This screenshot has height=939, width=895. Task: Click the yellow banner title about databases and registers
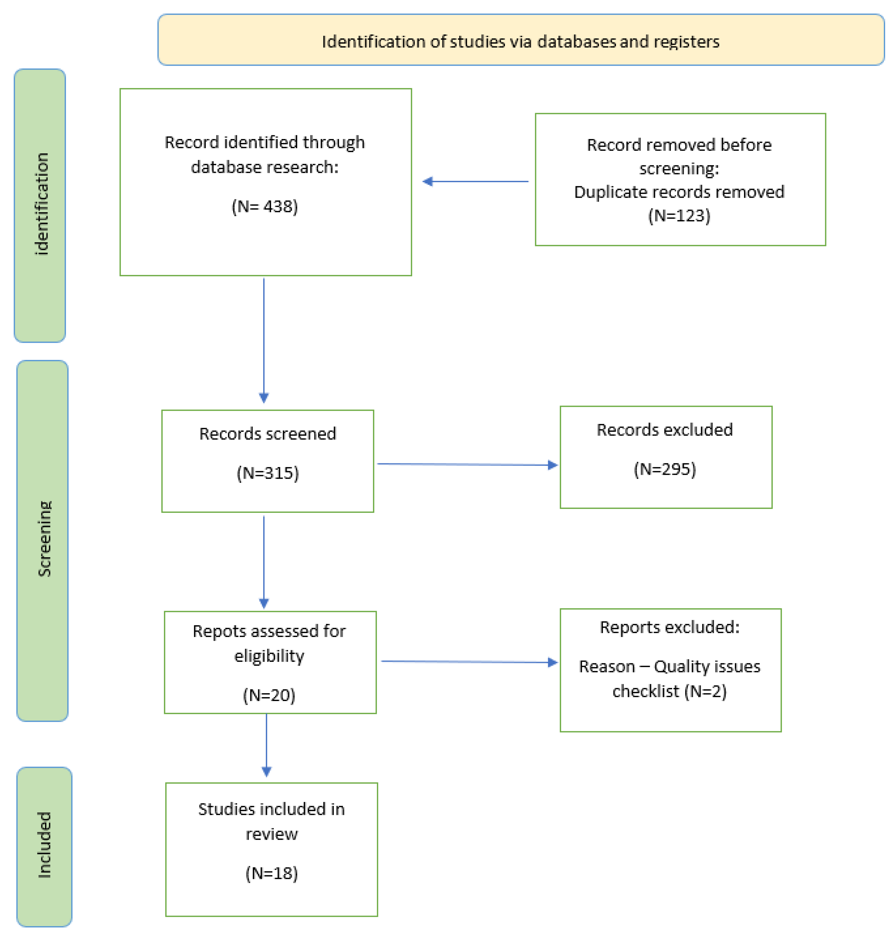coord(521,41)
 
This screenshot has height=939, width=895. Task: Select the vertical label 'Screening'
coord(44,539)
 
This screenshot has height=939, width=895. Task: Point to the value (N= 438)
coord(265,206)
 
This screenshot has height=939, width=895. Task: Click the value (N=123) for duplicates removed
coord(679,216)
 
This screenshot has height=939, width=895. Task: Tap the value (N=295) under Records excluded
coord(665,469)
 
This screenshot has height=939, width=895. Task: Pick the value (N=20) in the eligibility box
coord(269,695)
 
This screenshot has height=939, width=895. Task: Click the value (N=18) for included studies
coord(271,873)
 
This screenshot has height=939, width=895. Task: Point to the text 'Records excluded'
coord(665,430)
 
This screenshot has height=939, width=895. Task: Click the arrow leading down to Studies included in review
coord(266,744)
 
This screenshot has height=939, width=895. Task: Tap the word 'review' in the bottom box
coord(271,834)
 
